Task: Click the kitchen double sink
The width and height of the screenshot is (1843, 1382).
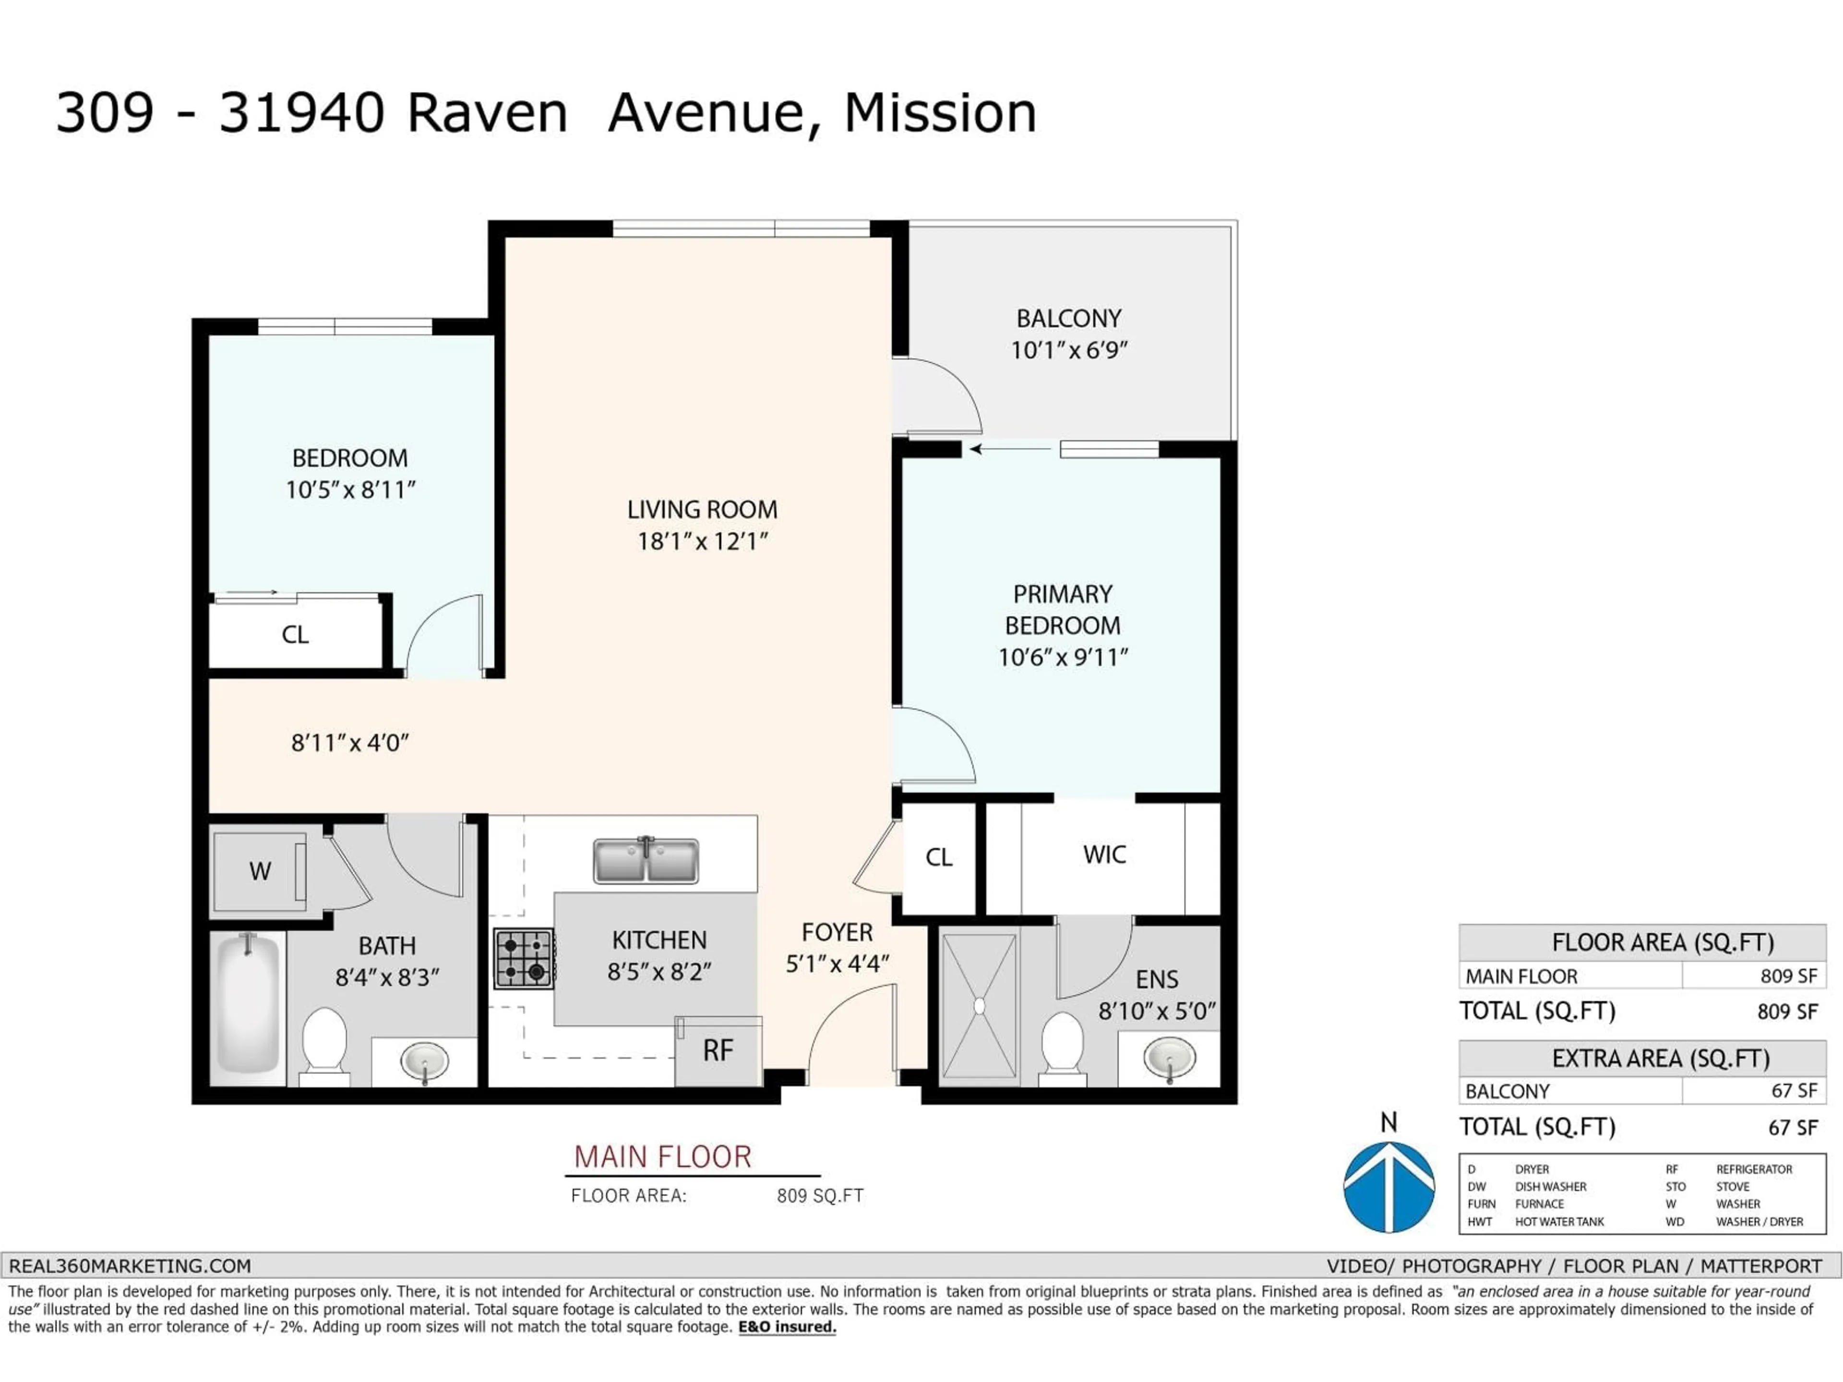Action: point(646,860)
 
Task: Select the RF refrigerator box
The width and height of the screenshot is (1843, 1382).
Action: point(718,1051)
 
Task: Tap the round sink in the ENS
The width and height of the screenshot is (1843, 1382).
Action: point(1169,1058)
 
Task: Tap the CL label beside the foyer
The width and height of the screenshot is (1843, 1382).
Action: point(938,857)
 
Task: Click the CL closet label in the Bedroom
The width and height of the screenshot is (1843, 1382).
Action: point(295,635)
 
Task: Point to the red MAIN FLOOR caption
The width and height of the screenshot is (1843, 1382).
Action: point(662,1156)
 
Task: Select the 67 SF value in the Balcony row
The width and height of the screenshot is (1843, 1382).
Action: point(1794,1090)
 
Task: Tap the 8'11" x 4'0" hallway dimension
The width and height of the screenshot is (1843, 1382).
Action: point(350,743)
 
